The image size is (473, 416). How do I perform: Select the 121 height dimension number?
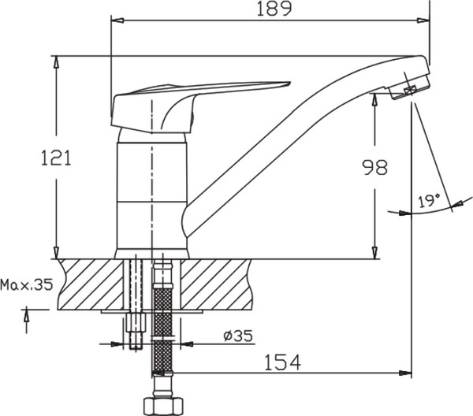tap(56, 158)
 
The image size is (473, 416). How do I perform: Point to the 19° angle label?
tap(430, 202)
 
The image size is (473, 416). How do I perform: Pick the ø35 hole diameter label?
tap(237, 336)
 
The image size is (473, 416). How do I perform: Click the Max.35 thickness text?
tap(27, 284)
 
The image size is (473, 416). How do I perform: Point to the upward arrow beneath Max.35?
tap(28, 317)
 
